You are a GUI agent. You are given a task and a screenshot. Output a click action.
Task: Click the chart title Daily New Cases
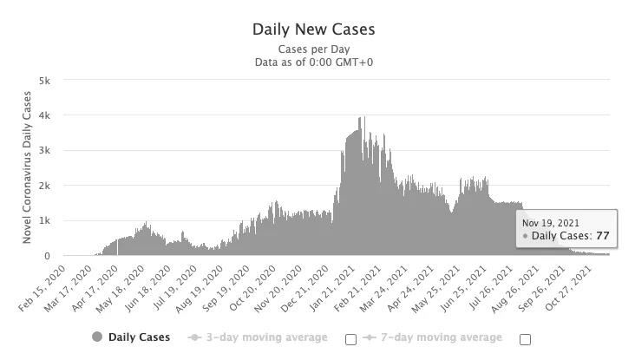click(x=313, y=29)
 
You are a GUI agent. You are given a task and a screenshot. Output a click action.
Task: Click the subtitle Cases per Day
click(x=313, y=49)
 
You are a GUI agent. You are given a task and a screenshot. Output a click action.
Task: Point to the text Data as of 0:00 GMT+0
click(x=313, y=62)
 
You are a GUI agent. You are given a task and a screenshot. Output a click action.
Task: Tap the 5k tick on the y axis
click(x=44, y=80)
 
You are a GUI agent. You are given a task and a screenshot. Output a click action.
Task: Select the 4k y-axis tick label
click(x=44, y=115)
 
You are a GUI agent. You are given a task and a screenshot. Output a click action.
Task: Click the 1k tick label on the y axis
click(x=44, y=221)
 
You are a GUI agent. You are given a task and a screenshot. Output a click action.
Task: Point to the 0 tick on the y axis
click(x=48, y=257)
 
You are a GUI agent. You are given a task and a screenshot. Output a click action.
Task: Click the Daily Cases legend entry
click(x=131, y=337)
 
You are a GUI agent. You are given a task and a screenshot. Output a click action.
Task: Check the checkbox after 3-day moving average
click(x=350, y=339)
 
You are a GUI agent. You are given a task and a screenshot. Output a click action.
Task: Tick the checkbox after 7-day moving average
click(x=525, y=339)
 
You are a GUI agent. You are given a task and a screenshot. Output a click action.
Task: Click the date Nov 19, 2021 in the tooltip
click(x=551, y=224)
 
